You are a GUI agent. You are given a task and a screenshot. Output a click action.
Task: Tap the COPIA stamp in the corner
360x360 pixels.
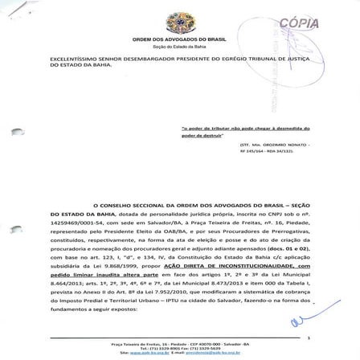pyautogui.click(x=298, y=22)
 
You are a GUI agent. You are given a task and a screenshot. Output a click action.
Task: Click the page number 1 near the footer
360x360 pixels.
pyautogui.click(x=308, y=337)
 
